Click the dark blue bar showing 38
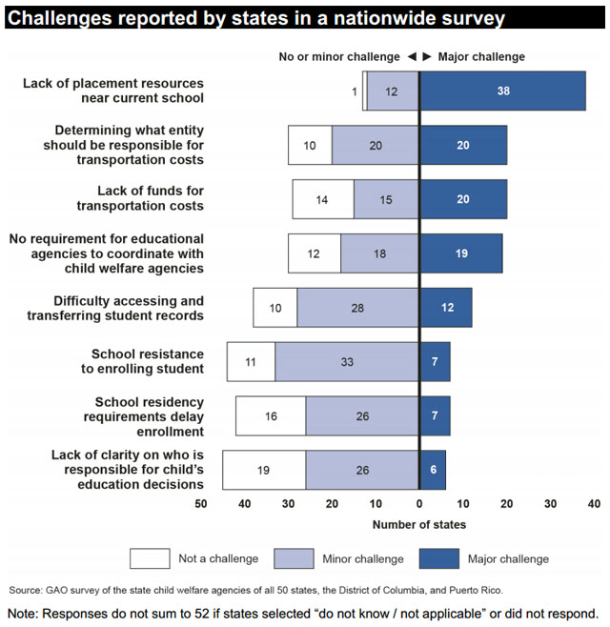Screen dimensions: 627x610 click(502, 91)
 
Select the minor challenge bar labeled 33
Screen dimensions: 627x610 click(347, 362)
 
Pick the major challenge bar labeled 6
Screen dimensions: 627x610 click(433, 470)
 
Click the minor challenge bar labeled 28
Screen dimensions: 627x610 click(357, 308)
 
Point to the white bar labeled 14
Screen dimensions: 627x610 click(323, 199)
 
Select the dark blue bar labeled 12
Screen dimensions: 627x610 click(446, 308)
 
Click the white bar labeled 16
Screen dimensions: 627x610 click(271, 416)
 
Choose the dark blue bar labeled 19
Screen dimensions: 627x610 click(461, 253)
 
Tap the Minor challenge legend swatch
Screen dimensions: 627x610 click(295, 557)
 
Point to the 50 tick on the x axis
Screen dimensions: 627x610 click(201, 502)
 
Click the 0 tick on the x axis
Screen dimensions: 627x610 click(419, 502)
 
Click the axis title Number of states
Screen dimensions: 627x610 click(418, 524)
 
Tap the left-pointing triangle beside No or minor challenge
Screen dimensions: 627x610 click(411, 57)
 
